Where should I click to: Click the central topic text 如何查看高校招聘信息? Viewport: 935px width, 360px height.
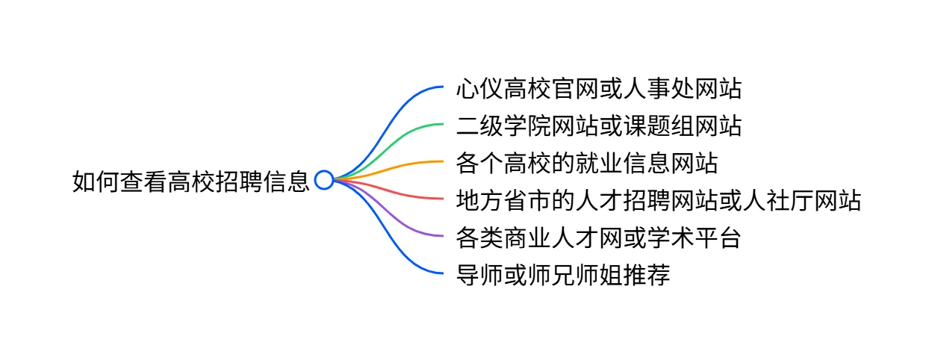190,181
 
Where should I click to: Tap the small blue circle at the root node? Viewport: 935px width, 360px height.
323,180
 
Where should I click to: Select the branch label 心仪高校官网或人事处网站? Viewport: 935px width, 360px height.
599,90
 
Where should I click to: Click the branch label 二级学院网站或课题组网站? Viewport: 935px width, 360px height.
599,126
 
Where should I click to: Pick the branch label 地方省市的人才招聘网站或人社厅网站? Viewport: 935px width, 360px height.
659,200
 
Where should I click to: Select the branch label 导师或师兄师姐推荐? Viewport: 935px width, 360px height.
563,275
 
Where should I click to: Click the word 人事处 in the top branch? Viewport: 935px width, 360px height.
658,90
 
